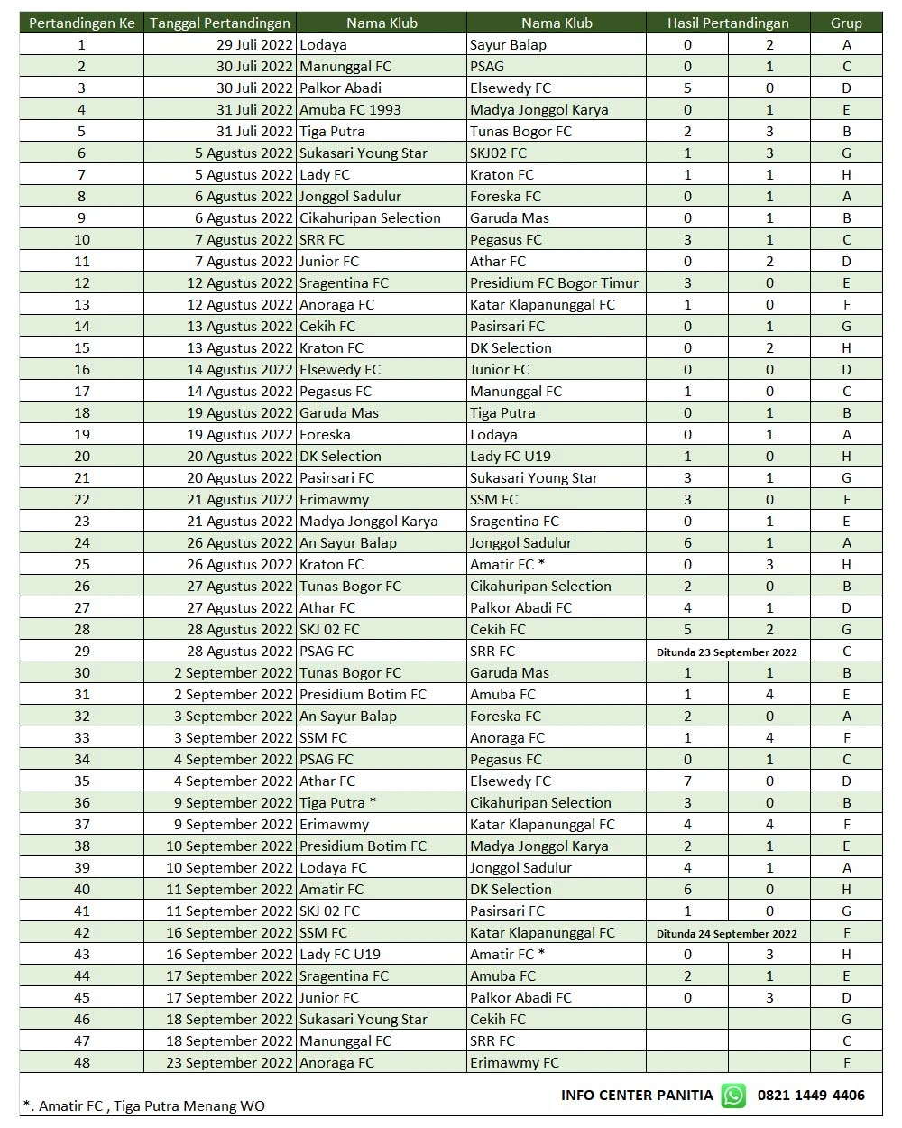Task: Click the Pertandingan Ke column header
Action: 82,23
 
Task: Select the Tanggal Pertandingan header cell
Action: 220,23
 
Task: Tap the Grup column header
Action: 846,23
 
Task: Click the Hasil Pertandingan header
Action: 728,23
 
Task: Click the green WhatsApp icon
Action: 734,1096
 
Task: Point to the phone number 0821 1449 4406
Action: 811,1095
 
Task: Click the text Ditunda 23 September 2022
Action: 727,652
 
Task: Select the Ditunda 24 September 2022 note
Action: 727,933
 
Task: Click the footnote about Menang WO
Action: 144,1105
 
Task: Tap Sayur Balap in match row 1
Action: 508,44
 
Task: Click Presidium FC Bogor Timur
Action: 554,282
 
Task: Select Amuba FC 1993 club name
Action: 350,109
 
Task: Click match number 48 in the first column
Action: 82,1062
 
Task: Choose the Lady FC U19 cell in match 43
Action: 340,954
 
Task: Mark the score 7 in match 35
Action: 687,781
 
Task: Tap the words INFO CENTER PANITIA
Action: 637,1095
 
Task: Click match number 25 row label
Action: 82,564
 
